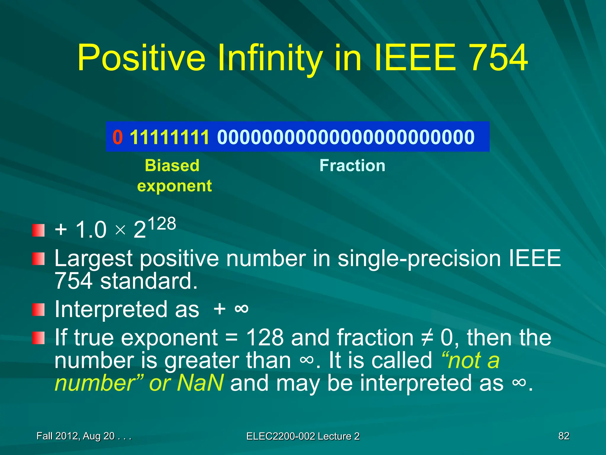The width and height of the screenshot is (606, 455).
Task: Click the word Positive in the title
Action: click(x=141, y=58)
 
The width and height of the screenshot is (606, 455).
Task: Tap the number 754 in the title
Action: click(x=498, y=58)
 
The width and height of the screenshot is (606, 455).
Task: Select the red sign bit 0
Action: click(x=117, y=137)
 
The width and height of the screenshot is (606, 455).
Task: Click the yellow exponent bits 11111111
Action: click(x=170, y=137)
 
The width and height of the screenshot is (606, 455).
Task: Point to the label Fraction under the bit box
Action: click(x=352, y=165)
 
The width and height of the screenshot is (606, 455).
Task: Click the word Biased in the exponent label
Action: click(x=172, y=165)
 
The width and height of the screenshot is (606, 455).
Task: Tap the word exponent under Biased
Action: click(x=175, y=186)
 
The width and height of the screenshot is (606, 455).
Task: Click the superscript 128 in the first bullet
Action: click(x=162, y=224)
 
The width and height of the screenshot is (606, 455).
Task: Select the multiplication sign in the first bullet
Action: click(x=120, y=230)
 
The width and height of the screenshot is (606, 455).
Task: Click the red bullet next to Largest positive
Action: click(x=38, y=259)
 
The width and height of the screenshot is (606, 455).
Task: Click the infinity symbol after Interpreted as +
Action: click(x=241, y=309)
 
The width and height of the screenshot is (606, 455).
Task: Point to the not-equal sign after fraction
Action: click(x=427, y=338)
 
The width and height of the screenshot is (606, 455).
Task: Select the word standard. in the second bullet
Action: click(x=149, y=281)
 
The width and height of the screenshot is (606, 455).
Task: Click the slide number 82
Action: click(x=564, y=436)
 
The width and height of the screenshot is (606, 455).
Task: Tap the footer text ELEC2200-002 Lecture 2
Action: click(x=303, y=436)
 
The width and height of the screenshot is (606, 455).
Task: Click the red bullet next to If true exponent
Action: click(x=38, y=338)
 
